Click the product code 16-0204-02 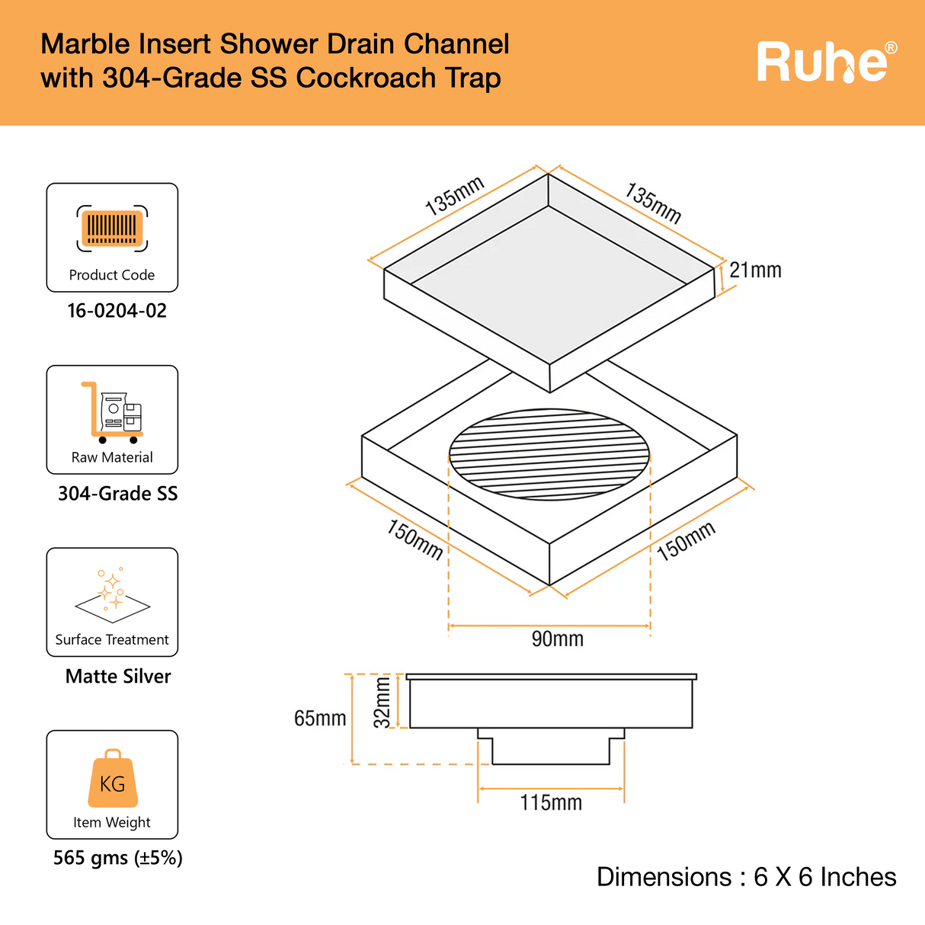(117, 311)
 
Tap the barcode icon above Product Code (112, 228)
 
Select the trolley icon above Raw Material (112, 412)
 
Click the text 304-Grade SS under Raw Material (117, 494)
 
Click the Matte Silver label (118, 677)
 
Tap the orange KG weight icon (113, 779)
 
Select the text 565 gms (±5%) (117, 859)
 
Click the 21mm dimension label (755, 270)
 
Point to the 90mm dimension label (557, 639)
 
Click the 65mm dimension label (320, 719)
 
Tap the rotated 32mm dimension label (382, 703)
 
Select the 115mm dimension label (551, 803)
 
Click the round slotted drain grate (549, 455)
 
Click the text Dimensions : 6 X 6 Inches (746, 877)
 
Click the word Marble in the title (85, 44)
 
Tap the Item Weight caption (112, 823)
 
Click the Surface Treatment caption (112, 640)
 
